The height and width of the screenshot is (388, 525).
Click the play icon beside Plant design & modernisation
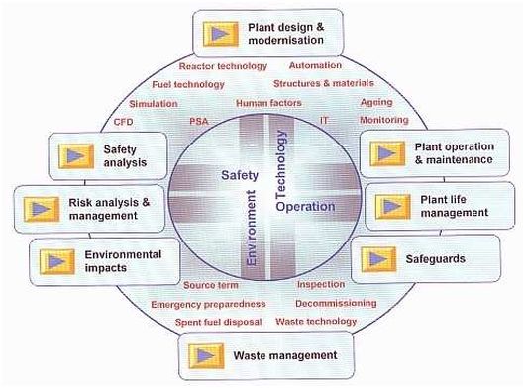(x=220, y=34)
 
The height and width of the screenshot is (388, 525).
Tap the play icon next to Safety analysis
(x=76, y=156)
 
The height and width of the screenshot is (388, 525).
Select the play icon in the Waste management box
(x=206, y=356)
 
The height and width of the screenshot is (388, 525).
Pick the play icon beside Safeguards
(x=378, y=259)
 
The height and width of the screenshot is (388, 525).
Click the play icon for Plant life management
(x=392, y=207)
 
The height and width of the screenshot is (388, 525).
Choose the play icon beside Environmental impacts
(x=56, y=262)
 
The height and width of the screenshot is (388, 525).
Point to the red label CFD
(x=123, y=122)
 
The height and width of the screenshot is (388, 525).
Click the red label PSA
(x=199, y=121)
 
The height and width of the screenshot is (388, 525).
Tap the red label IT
(x=324, y=120)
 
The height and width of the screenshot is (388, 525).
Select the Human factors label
(x=268, y=103)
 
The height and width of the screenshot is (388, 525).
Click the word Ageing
(x=376, y=102)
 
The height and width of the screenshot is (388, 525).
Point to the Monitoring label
(x=384, y=120)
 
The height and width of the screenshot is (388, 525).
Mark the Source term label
(x=211, y=285)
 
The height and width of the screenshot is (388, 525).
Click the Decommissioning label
(x=336, y=304)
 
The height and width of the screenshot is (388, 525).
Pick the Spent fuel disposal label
(x=218, y=322)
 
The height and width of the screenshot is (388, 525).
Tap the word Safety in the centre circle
(x=240, y=175)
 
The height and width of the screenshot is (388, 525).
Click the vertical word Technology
(x=280, y=164)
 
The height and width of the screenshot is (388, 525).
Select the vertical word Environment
(x=251, y=228)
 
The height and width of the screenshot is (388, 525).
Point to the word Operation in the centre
(x=305, y=207)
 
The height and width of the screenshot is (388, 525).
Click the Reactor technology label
(x=223, y=66)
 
